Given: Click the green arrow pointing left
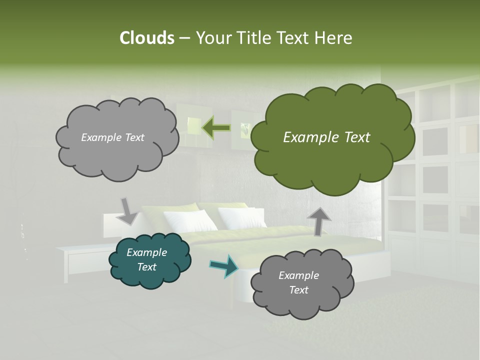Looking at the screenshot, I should click(x=216, y=128).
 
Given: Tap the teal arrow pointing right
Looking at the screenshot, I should click(x=224, y=265).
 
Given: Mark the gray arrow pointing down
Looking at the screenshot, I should click(x=128, y=210).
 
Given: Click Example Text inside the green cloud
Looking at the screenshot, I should click(x=326, y=137).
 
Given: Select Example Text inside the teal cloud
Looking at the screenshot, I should click(x=147, y=260).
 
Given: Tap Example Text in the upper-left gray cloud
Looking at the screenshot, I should click(x=112, y=137).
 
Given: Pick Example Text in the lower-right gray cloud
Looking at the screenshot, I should click(x=298, y=282).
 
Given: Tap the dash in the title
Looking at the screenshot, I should click(x=184, y=38).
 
